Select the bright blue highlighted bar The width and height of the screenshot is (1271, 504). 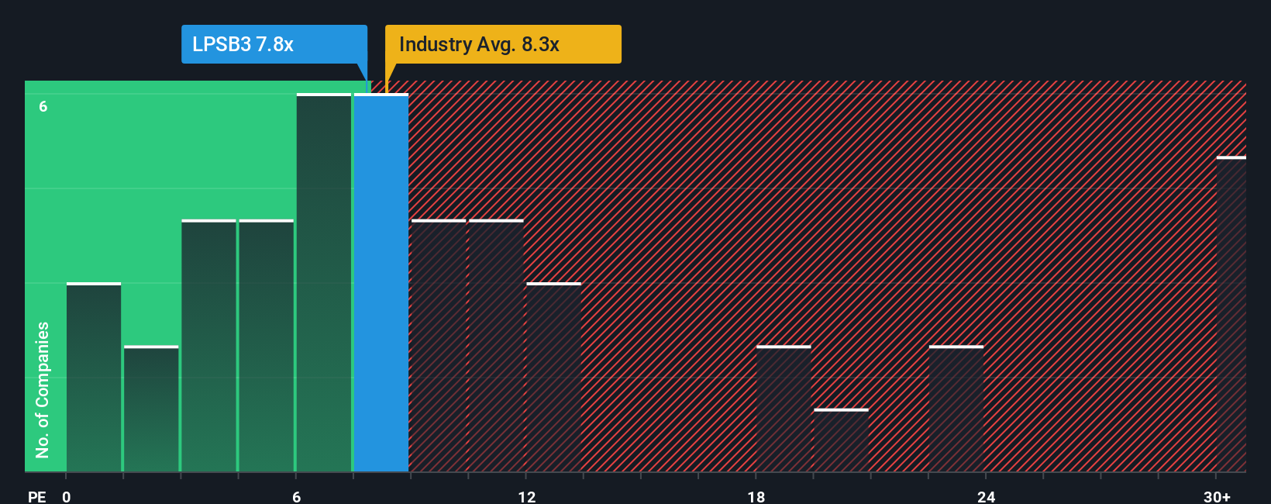tap(381, 283)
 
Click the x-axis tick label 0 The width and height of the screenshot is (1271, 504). tap(67, 496)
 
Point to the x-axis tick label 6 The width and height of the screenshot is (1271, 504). tap(296, 496)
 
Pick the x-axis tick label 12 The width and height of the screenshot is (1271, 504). tap(527, 496)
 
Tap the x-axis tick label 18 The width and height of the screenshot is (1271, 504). tap(756, 496)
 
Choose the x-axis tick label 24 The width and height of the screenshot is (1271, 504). tap(986, 496)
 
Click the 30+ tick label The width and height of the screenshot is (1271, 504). tap(1217, 496)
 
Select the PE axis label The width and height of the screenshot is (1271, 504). tap(36, 496)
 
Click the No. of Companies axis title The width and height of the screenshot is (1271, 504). tap(43, 389)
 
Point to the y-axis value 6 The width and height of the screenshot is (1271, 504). tap(43, 106)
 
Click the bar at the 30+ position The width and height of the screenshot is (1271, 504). tap(1231, 314)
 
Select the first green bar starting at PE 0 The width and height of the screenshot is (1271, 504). tap(94, 378)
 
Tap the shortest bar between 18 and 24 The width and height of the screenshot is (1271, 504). tap(841, 440)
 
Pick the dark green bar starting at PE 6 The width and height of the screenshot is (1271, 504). tap(324, 283)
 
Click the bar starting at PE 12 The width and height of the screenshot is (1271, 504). tap(553, 378)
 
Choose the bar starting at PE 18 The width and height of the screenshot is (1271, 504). tap(784, 409)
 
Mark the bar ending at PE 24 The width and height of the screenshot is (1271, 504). tap(956, 409)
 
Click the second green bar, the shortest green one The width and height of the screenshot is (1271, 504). tap(151, 409)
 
